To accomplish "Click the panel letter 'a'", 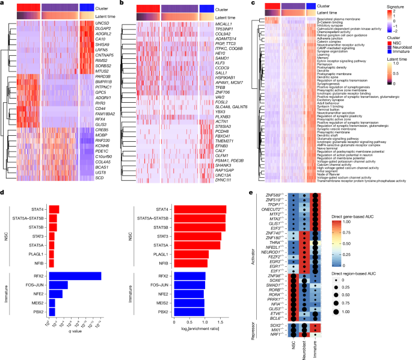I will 3,4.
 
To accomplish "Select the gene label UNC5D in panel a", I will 112,22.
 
